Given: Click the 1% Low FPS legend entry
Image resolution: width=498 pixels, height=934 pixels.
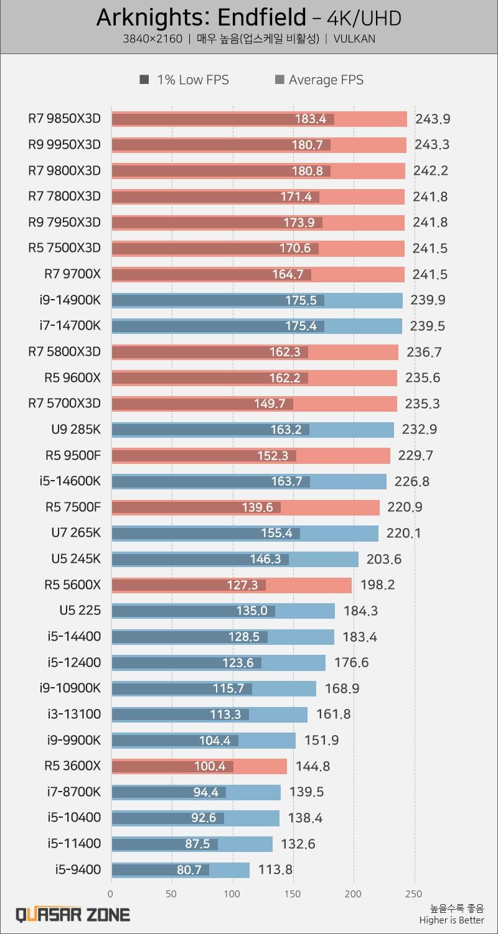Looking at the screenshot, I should tap(185, 80).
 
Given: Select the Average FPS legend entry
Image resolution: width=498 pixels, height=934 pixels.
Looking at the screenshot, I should tap(319, 80).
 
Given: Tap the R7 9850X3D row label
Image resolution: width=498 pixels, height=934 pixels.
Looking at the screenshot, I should tap(64, 118).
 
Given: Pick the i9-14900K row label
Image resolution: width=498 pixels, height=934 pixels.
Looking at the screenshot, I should tap(70, 300).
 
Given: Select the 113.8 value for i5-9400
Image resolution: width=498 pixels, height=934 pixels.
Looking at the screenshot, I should tap(275, 869).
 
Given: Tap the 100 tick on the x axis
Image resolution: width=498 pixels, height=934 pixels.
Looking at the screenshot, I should tap(232, 894).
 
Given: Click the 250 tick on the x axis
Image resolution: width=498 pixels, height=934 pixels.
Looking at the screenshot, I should tap(414, 894).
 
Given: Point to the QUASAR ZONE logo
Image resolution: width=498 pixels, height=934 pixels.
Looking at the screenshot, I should tap(72, 914).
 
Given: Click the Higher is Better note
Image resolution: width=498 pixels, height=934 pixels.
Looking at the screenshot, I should tap(451, 920).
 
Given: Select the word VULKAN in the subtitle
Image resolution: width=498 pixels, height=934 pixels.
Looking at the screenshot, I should tap(354, 39).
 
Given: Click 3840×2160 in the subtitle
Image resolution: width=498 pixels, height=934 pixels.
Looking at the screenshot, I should tap(153, 39).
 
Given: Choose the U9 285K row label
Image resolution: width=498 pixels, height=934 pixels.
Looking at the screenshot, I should tap(75, 429).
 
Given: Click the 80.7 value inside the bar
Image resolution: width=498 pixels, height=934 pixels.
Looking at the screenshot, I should tap(189, 870).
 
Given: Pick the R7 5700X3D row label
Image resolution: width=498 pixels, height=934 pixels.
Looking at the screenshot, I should tap(64, 404).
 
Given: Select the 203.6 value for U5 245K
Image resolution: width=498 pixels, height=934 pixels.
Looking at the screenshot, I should tap(383, 559).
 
